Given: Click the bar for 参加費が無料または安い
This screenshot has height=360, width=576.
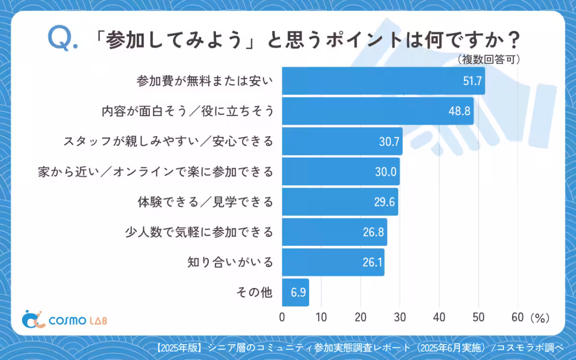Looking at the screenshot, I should [383, 81].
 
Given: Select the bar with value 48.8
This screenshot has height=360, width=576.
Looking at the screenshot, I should [377, 111].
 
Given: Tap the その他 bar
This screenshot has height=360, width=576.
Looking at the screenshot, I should [295, 292].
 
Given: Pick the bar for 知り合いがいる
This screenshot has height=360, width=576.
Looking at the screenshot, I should [333, 262].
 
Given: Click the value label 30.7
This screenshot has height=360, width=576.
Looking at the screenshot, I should [389, 141].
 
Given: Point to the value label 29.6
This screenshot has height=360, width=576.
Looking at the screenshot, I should [384, 202].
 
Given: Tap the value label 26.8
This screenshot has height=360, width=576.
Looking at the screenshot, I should [373, 232].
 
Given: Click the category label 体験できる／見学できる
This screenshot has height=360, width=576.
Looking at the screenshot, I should [205, 202].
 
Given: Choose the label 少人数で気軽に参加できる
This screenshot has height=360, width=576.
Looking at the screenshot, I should [198, 232].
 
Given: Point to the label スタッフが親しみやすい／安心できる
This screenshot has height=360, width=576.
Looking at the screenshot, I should [168, 141].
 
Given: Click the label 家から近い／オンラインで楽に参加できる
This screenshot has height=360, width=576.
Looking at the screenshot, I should [156, 171].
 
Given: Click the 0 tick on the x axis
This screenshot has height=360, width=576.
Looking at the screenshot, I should [282, 317].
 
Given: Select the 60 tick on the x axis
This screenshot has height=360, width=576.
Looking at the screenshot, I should [517, 317].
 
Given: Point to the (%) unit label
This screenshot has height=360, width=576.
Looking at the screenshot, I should [540, 317].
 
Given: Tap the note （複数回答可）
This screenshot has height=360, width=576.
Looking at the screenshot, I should [488, 59].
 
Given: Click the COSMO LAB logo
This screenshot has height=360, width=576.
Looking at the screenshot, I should [66, 320].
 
